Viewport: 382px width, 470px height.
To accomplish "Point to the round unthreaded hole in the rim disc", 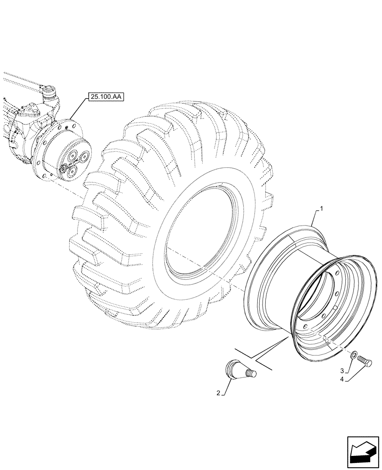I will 335,307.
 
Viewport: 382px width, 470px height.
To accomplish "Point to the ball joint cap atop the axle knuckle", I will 49,89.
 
